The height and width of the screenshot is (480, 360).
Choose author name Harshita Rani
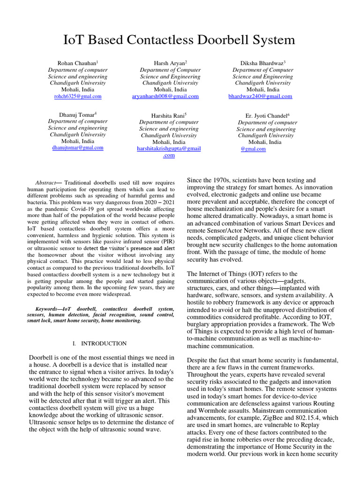[168, 115]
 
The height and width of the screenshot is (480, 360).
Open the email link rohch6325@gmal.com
[78, 96]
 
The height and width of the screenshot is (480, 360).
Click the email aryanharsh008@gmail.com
[165, 96]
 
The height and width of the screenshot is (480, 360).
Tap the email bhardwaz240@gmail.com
[260, 96]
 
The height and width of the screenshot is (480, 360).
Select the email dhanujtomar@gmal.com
[77, 147]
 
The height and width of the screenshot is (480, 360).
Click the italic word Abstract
[45, 182]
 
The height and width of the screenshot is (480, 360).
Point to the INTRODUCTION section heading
[104, 344]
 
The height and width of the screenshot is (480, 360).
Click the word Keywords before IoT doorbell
[49, 309]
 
